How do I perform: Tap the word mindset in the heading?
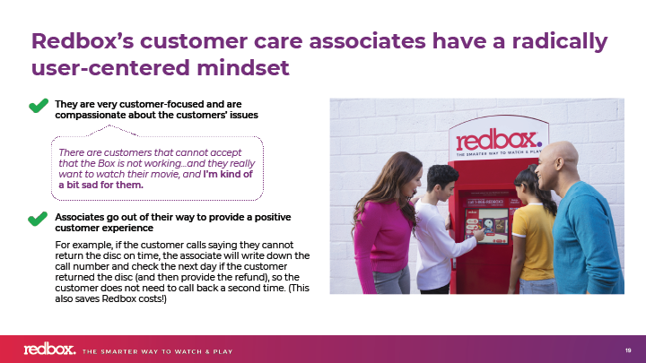click(x=243, y=68)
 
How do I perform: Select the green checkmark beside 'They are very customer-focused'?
click(x=39, y=106)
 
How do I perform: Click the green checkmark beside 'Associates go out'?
click(x=38, y=219)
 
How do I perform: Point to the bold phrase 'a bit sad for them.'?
click(x=100, y=186)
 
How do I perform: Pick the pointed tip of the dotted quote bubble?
click(x=109, y=125)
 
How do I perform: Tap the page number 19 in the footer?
click(x=628, y=350)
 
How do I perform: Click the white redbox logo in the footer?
click(x=50, y=349)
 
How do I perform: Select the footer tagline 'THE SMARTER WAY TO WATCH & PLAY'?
click(x=157, y=352)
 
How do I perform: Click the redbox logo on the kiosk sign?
click(x=499, y=141)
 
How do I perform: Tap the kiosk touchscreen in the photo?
click(x=486, y=226)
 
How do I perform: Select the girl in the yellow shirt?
click(x=532, y=230)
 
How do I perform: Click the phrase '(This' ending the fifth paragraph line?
click(x=299, y=288)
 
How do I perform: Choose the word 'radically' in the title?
click(x=560, y=41)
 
